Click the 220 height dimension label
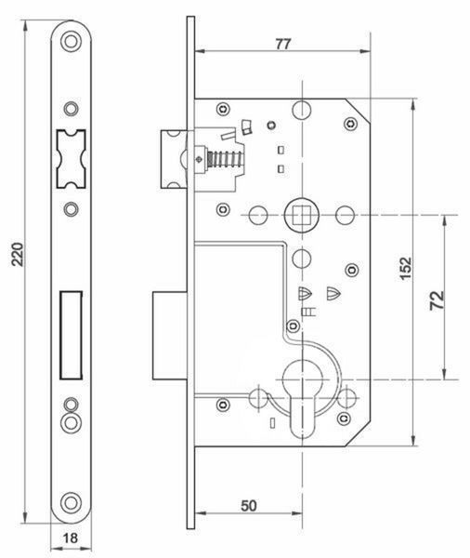(17, 254)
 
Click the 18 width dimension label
(70, 538)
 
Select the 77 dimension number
(283, 44)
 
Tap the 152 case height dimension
(406, 269)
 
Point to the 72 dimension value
(437, 300)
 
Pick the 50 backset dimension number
(249, 506)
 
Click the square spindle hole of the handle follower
(302, 216)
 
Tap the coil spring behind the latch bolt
(225, 159)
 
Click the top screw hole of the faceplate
(71, 41)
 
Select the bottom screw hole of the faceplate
(71, 503)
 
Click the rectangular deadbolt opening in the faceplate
(72, 335)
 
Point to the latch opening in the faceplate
(71, 159)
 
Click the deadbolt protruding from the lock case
(170, 336)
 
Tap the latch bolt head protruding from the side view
(174, 159)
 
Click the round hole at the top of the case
(302, 109)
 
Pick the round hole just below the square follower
(302, 258)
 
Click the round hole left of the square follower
(257, 215)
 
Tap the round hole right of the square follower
(346, 215)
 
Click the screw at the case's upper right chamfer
(351, 124)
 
